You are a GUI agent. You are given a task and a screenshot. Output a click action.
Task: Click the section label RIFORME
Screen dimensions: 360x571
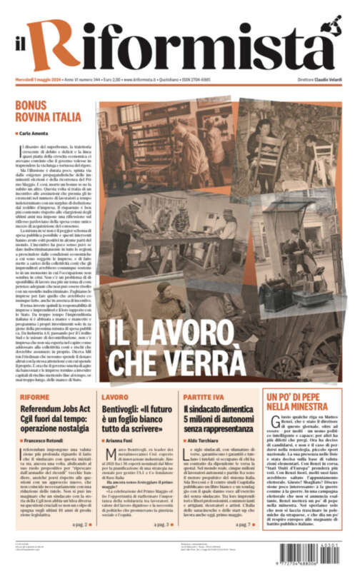[x=35, y=396]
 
